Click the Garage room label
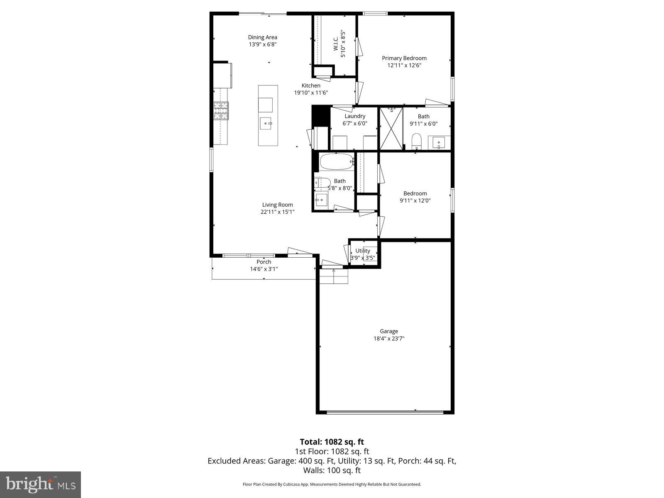pyautogui.click(x=389, y=331)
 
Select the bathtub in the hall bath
pyautogui.click(x=336, y=162)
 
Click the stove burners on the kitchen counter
pyautogui.click(x=221, y=111)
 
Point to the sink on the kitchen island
pyautogui.click(x=266, y=123)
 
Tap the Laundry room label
pyautogui.click(x=355, y=116)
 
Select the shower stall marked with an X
pyautogui.click(x=391, y=128)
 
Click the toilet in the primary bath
pyautogui.click(x=416, y=141)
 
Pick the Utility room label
pyautogui.click(x=363, y=251)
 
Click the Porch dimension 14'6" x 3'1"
pyautogui.click(x=264, y=269)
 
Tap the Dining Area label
pyautogui.click(x=263, y=37)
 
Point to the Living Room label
pyautogui.click(x=277, y=205)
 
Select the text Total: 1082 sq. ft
pyautogui.click(x=332, y=442)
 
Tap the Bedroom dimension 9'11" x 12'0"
pyautogui.click(x=415, y=200)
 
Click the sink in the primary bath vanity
pyautogui.click(x=439, y=142)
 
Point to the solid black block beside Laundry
pyautogui.click(x=320, y=116)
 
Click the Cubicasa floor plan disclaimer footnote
pyautogui.click(x=332, y=484)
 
